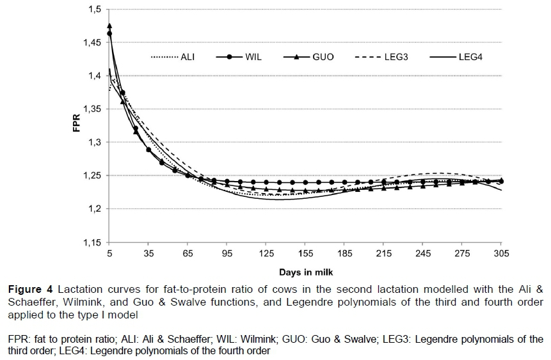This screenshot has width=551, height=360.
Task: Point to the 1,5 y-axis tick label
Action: pyautogui.click(x=94, y=10)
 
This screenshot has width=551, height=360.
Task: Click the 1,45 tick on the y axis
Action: pyautogui.click(x=92, y=43)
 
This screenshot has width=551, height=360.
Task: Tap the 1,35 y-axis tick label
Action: pyautogui.click(x=92, y=109)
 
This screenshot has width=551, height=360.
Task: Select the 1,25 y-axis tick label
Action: pyautogui.click(x=92, y=176)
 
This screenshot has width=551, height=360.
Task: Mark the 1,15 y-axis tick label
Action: pyautogui.click(x=92, y=242)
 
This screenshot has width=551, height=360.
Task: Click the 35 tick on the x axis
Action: pyautogui.click(x=148, y=254)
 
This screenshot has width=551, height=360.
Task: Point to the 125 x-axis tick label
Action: pyautogui.click(x=266, y=254)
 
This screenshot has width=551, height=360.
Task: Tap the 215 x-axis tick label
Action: pyautogui.click(x=384, y=254)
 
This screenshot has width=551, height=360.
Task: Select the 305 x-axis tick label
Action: pyautogui.click(x=501, y=254)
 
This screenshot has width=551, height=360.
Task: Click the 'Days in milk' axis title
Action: pyautogui.click(x=305, y=272)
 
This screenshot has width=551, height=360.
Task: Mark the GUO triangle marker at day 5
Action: pyautogui.click(x=109, y=26)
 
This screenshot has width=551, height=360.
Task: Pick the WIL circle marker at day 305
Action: pyautogui.click(x=501, y=182)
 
